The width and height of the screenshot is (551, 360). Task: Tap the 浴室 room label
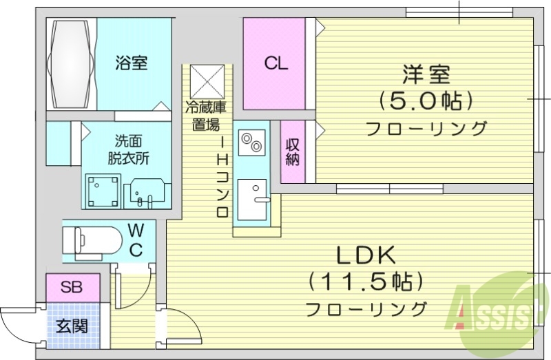click(x=131, y=63)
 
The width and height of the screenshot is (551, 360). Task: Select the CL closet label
click(x=276, y=64)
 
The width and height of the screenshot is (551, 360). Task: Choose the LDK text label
click(x=365, y=255)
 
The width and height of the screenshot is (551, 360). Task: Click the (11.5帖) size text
click(x=365, y=281)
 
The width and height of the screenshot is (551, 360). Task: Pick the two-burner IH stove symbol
click(x=250, y=142)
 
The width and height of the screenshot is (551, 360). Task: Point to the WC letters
click(x=136, y=238)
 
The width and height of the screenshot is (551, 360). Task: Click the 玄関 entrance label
click(x=72, y=326)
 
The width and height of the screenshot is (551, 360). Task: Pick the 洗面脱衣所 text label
click(x=127, y=149)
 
